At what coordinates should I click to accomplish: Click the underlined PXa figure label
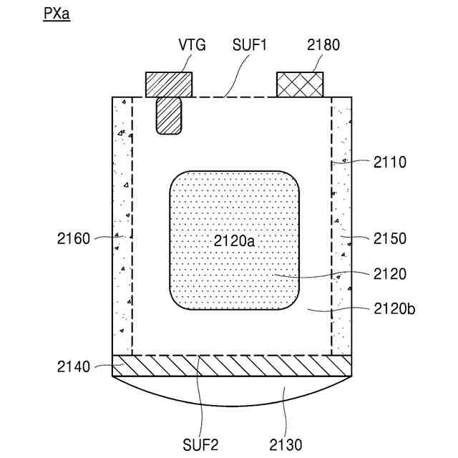[57, 14]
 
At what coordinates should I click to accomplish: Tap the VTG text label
[193, 45]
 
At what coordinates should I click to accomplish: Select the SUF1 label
[250, 45]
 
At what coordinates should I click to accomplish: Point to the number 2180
[323, 45]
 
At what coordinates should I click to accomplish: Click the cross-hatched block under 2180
[300, 84]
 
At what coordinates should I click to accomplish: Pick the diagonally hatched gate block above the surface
[169, 84]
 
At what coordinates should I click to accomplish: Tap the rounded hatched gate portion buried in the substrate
[169, 116]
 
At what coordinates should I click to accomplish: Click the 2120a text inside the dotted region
[234, 241]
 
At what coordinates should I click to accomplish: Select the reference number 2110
[390, 162]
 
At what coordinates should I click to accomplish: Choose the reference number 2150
[390, 238]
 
